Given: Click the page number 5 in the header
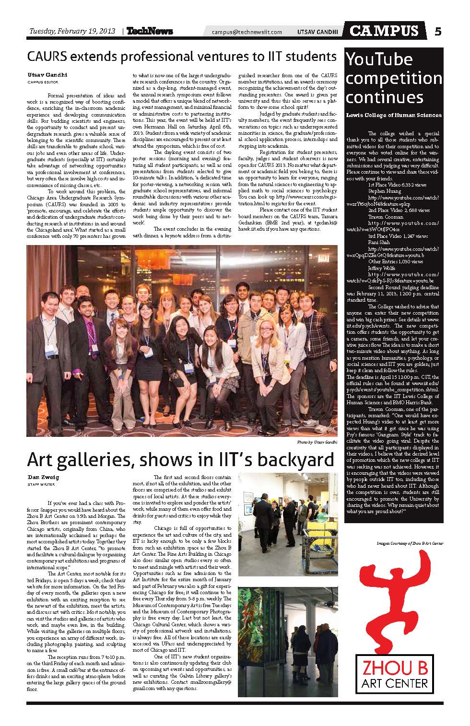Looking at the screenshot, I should coord(438,31).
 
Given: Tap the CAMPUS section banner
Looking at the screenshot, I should coord(384,31).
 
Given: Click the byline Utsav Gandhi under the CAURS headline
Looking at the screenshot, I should coord(42,75).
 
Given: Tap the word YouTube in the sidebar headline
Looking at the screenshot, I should coord(379,59).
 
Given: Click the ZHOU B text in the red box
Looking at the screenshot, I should coord(392,668).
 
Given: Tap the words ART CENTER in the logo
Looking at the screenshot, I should coord(392,682).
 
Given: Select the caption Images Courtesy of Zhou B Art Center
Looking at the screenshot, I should coord(410,543).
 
